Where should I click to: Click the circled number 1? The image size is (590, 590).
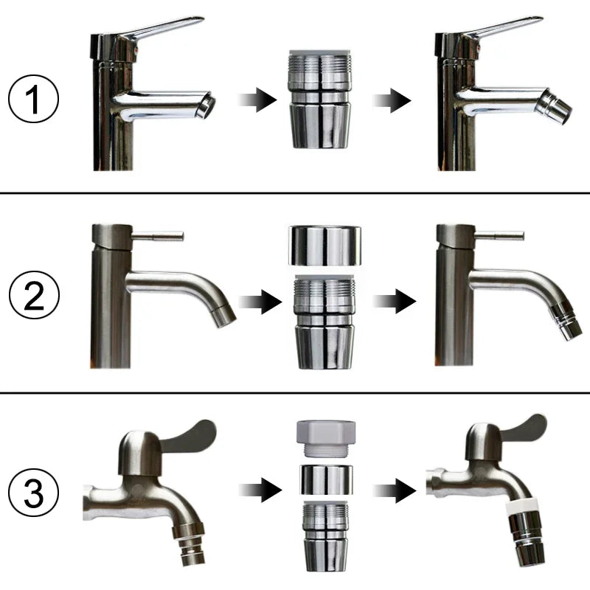(x=33, y=99)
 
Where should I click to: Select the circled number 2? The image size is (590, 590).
(x=34, y=294)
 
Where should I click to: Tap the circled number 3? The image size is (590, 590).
(x=34, y=492)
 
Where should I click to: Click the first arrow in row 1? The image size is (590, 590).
(x=257, y=100)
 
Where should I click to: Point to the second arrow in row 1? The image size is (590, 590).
(x=392, y=100)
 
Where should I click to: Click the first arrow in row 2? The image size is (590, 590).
(x=260, y=302)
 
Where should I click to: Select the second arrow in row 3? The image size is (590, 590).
(x=395, y=490)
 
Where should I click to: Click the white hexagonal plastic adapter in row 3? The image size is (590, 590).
(x=326, y=438)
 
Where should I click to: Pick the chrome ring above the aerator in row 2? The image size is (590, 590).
(x=324, y=246)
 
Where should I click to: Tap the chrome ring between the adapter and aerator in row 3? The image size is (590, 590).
(x=326, y=480)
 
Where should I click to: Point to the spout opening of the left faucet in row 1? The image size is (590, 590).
(x=206, y=105)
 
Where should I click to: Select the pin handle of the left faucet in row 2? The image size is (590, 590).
(x=157, y=236)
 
